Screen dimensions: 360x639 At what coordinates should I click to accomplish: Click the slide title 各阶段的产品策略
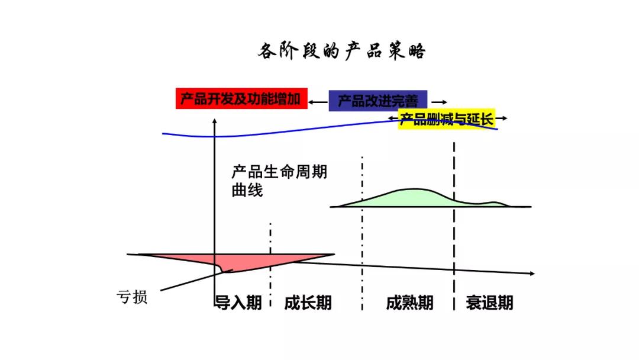point(341,52)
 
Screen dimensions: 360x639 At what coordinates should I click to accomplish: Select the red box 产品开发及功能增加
point(241,99)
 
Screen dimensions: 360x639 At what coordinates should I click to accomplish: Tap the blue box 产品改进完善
point(377,101)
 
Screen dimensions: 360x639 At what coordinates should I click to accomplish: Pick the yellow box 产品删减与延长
point(447,120)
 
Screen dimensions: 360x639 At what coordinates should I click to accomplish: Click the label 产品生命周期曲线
point(279,181)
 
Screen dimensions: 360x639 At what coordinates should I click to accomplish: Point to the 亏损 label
point(132,297)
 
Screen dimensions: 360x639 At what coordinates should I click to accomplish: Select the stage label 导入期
point(238,303)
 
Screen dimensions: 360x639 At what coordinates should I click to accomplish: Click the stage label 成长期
point(308,303)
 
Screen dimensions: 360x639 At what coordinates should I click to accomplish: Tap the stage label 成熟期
point(409,303)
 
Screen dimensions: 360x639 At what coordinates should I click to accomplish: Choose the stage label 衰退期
point(489,303)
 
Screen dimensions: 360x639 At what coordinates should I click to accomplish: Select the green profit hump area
point(408,198)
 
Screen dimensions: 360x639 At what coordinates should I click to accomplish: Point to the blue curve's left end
point(164,134)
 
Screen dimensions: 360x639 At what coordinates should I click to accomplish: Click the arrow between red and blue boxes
point(318,102)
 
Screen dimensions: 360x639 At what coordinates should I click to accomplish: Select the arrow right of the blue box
point(440,102)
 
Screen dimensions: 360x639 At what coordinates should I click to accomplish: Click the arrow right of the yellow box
point(502,118)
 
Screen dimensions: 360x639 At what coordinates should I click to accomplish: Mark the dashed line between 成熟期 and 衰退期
point(454,225)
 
